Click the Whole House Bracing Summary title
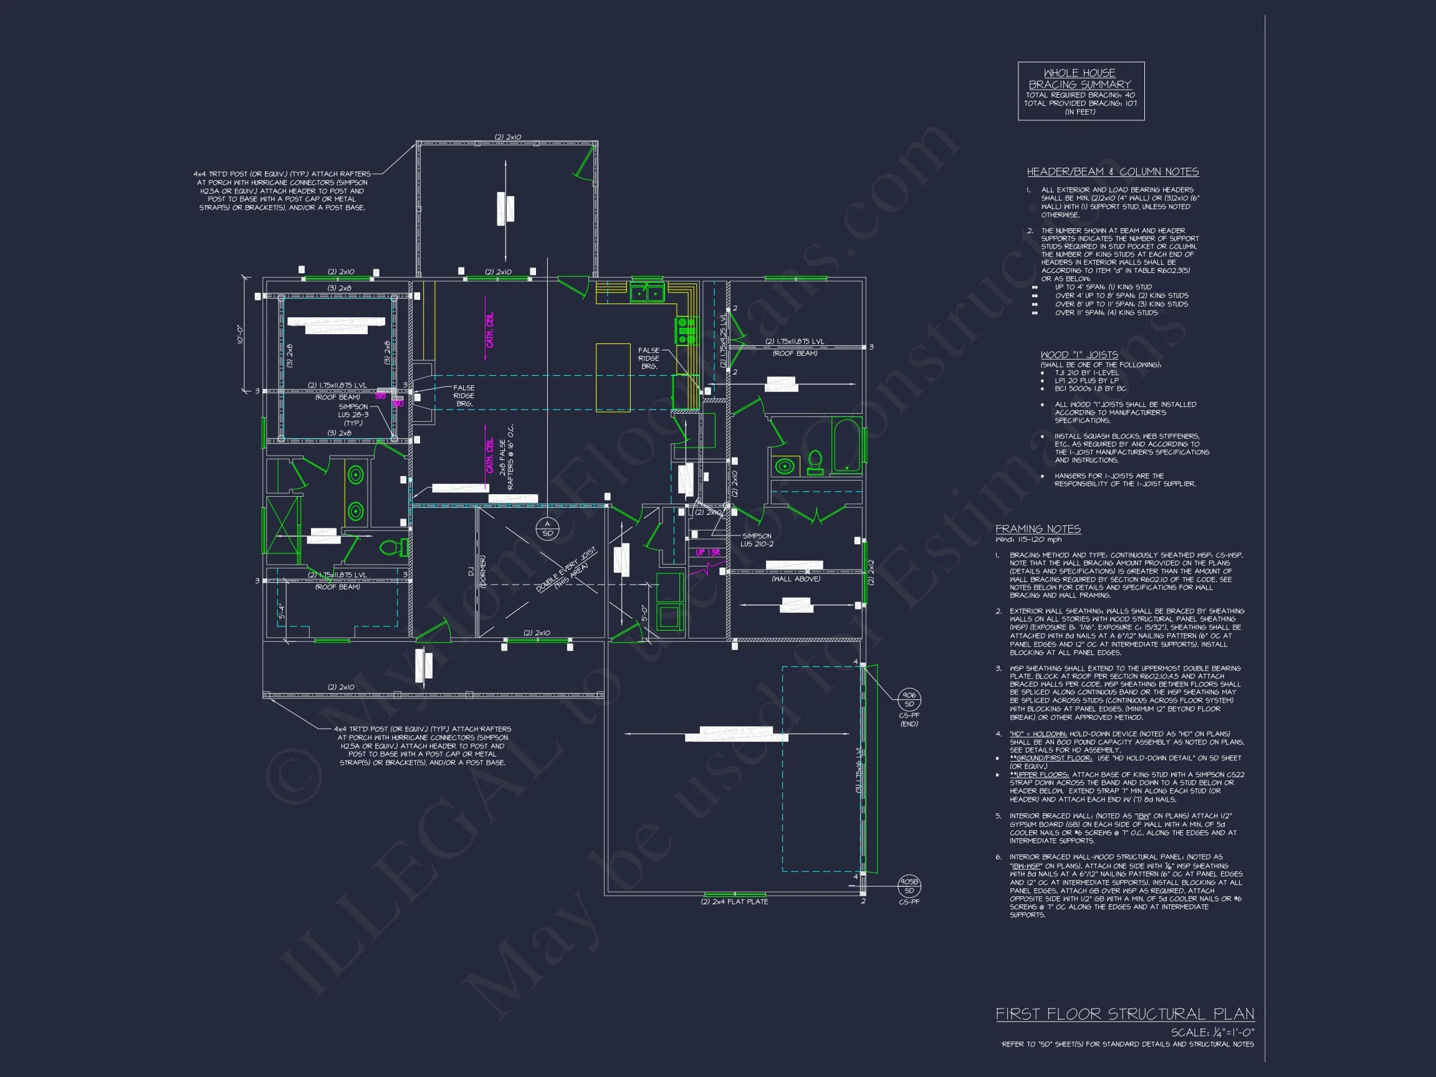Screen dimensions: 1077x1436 point(1079,79)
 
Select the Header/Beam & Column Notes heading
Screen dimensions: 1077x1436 point(1112,172)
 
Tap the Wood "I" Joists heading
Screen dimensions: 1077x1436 point(1079,355)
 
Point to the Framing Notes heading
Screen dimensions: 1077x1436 point(1038,529)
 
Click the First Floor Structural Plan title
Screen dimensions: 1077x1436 point(1125,1014)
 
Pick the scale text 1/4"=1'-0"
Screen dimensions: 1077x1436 point(1213,1032)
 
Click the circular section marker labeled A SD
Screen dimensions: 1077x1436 point(547,529)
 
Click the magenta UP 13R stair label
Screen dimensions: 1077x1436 point(707,552)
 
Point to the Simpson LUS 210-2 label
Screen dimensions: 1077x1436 point(757,540)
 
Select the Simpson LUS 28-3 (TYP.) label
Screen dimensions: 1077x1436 point(353,415)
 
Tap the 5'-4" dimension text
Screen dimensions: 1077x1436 point(281,611)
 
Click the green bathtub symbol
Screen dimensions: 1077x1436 point(847,446)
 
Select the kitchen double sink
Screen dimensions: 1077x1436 point(647,294)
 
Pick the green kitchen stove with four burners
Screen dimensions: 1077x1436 point(685,330)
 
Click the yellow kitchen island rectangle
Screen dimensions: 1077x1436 point(613,377)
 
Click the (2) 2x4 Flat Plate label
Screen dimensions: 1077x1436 point(734,902)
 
